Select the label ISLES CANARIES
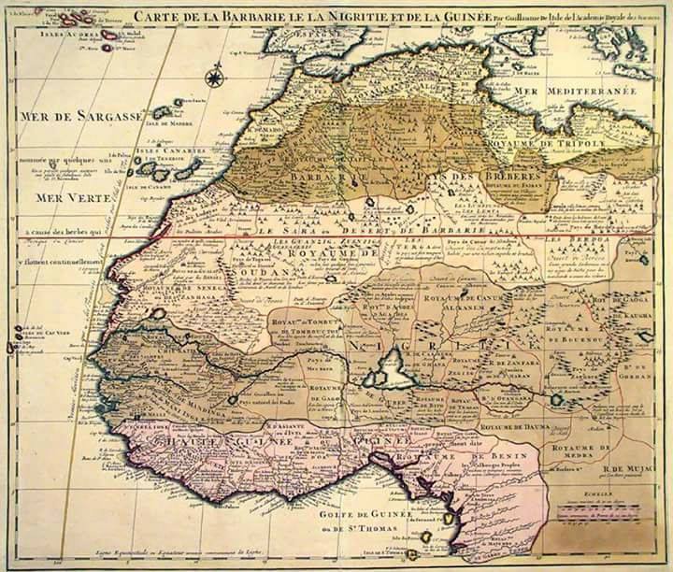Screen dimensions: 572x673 (x=163, y=152)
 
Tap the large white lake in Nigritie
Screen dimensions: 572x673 (x=391, y=369)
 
